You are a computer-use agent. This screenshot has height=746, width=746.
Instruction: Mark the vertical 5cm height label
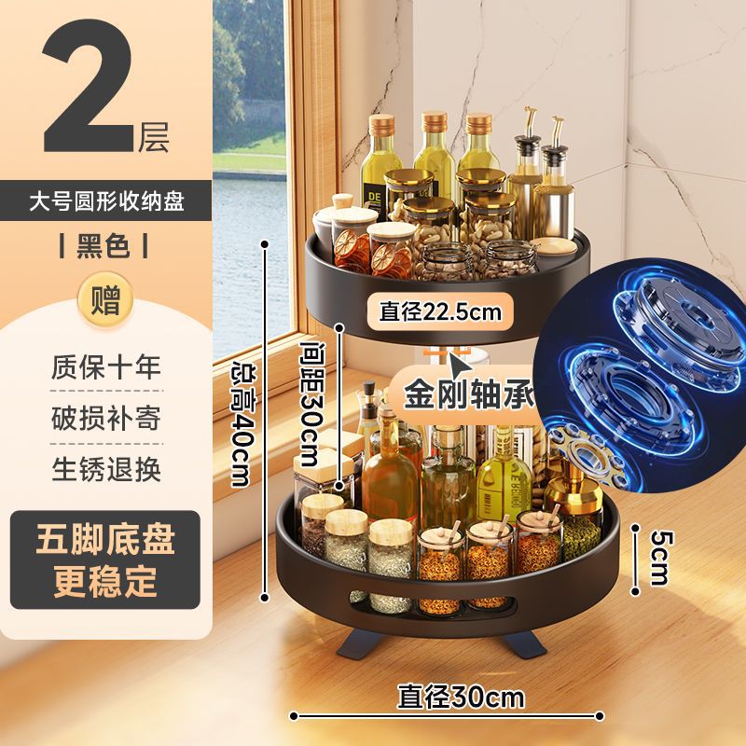tap(659, 557)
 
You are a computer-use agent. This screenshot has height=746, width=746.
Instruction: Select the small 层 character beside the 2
tap(154, 138)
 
